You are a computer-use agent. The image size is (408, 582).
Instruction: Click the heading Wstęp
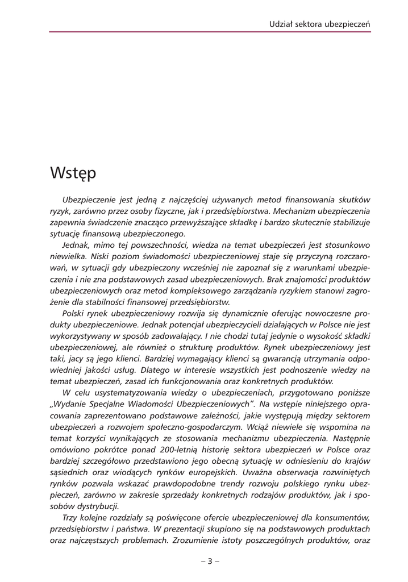tap(73, 172)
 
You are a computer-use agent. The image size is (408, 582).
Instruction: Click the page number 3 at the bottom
tap(210, 562)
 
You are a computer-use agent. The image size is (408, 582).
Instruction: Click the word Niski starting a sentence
tap(101, 256)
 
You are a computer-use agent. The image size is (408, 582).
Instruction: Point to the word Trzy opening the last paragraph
tap(70, 517)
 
